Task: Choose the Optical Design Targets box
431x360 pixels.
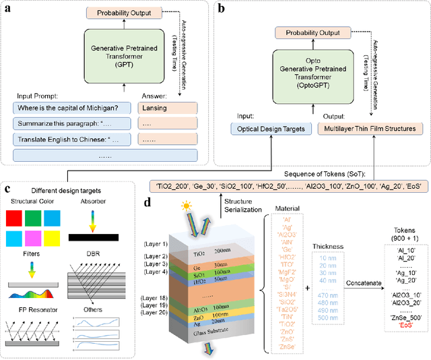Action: pyautogui.click(x=269, y=128)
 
